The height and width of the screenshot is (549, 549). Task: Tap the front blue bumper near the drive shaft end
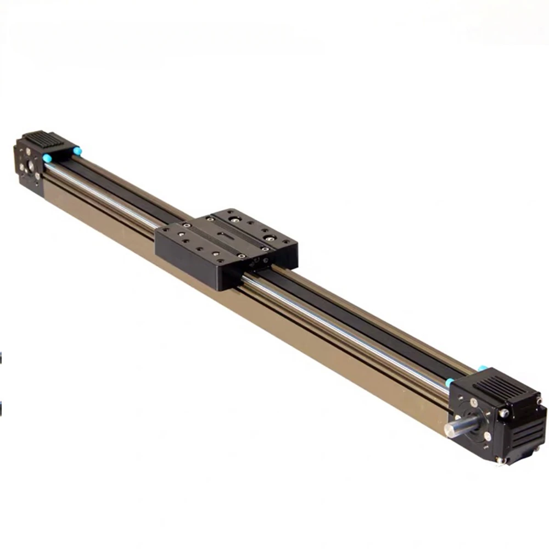449,382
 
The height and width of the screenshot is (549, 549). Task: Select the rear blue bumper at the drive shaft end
482,368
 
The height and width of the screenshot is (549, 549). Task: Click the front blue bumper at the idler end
47,158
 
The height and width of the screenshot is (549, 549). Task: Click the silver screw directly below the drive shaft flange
488,436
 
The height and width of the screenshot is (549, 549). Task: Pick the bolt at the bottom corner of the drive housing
500,460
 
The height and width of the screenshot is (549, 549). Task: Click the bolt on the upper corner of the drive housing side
503,413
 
